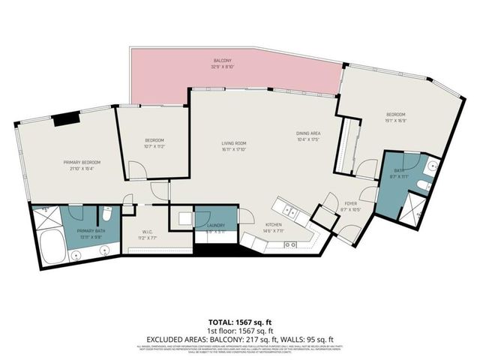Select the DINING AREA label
(x=307, y=133)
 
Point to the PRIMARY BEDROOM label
(x=82, y=163)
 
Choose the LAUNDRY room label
(x=216, y=226)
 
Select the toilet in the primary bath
(x=107, y=212)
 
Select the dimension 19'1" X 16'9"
(x=396, y=119)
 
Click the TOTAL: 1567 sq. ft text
(x=240, y=320)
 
